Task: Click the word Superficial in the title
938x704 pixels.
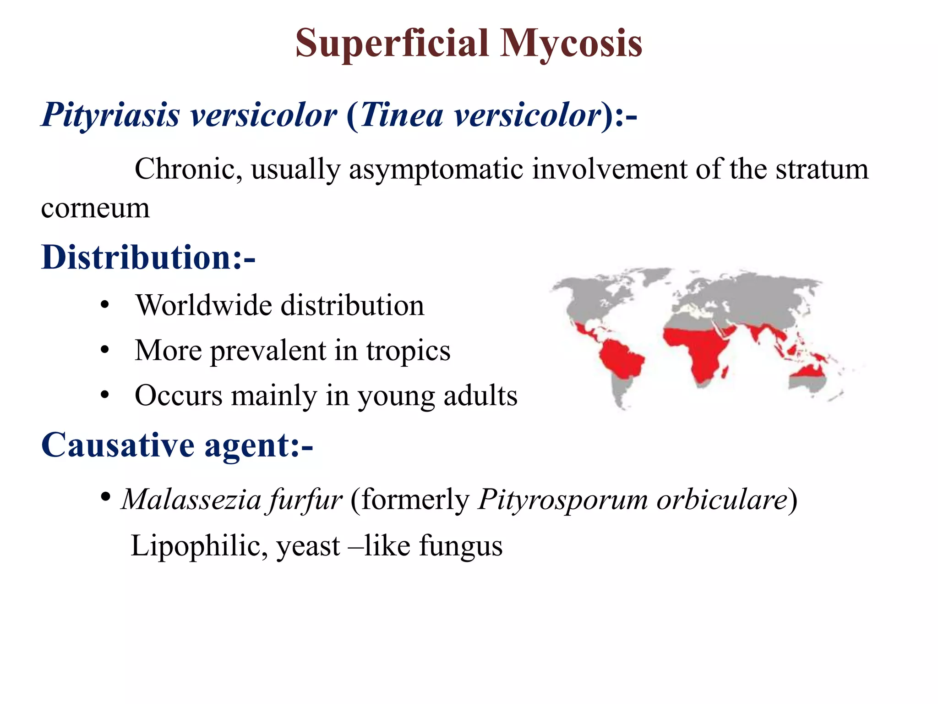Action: [x=392, y=44]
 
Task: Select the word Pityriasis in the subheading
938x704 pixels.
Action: [x=110, y=115]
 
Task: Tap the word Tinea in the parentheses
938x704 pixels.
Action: [x=402, y=115]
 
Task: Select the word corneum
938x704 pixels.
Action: [x=95, y=209]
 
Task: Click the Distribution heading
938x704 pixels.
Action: [x=148, y=258]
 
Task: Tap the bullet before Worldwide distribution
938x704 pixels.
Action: [x=105, y=305]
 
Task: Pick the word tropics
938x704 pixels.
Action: [x=408, y=351]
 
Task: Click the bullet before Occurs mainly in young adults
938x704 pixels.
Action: [x=105, y=395]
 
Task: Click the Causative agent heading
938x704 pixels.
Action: [x=177, y=445]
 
